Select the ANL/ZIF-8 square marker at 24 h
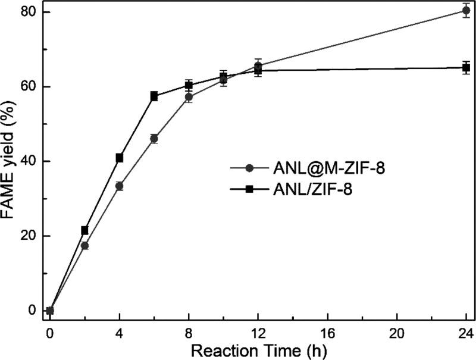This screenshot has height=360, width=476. tap(466, 68)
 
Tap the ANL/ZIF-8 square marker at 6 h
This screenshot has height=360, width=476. tap(154, 96)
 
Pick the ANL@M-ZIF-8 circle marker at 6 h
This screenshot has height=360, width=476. tap(154, 139)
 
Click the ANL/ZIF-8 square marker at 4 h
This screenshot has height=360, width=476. tap(120, 158)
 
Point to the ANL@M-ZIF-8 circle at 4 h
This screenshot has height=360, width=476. tap(120, 186)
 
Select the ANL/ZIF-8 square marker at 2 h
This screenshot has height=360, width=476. tap(84, 230)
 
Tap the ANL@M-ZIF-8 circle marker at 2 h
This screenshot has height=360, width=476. tap(84, 245)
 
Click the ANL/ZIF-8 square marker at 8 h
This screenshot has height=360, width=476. tap(189, 85)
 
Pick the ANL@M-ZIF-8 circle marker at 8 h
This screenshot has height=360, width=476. tap(189, 96)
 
